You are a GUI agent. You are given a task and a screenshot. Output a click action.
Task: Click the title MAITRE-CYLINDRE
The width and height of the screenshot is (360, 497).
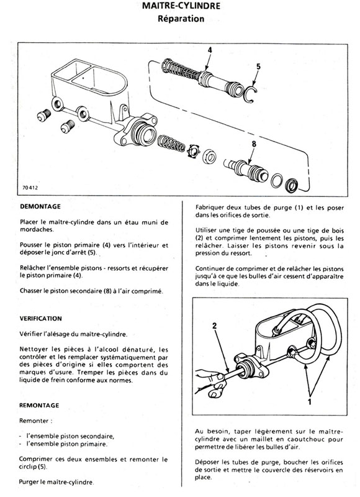click(x=181, y=6)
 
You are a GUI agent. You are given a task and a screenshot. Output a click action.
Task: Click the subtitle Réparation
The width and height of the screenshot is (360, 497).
click(x=181, y=19)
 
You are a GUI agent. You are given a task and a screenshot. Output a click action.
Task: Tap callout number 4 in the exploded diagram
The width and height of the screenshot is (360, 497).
click(x=210, y=50)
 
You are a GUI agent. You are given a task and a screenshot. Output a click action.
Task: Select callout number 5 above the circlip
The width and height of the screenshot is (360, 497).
click(x=258, y=66)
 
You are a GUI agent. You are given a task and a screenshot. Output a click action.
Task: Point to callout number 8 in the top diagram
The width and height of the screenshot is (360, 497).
click(x=254, y=144)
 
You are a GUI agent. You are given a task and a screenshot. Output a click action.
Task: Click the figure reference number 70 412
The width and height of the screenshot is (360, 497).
click(x=30, y=188)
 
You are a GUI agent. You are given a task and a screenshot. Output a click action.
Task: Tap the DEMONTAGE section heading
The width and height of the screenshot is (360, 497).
click(x=40, y=207)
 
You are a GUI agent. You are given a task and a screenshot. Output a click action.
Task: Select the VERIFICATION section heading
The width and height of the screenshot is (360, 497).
click(x=40, y=319)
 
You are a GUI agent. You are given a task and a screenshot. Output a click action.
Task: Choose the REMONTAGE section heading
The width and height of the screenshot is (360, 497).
click(x=39, y=406)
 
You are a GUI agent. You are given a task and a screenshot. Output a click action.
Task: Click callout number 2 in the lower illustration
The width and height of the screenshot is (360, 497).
click(x=215, y=326)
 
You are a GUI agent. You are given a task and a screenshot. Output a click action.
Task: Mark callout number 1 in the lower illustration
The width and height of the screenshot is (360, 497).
click(x=310, y=401)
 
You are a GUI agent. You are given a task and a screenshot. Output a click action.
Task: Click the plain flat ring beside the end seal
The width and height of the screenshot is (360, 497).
click(x=277, y=180)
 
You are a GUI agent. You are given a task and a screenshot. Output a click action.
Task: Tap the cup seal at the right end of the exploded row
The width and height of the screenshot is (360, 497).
click(x=292, y=185)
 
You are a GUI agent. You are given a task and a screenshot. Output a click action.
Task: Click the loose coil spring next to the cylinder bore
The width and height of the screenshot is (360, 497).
click(x=171, y=144)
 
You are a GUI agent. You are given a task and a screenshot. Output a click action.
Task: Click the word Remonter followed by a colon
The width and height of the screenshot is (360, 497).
click(x=34, y=421)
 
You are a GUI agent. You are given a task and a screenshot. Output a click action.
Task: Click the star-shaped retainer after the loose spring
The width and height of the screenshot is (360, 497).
click(x=193, y=151)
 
